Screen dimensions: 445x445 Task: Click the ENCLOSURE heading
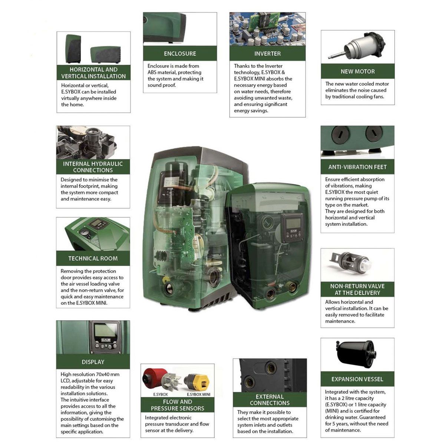click(x=180, y=53)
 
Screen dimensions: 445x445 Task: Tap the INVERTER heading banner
click(x=267, y=53)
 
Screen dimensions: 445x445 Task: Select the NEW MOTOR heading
click(x=358, y=71)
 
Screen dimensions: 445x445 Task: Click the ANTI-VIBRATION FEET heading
click(x=357, y=167)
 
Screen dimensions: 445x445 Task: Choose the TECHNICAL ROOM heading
click(x=93, y=258)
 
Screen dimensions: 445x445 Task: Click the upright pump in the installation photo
click(x=73, y=49)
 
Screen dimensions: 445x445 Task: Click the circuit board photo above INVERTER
click(x=267, y=29)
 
